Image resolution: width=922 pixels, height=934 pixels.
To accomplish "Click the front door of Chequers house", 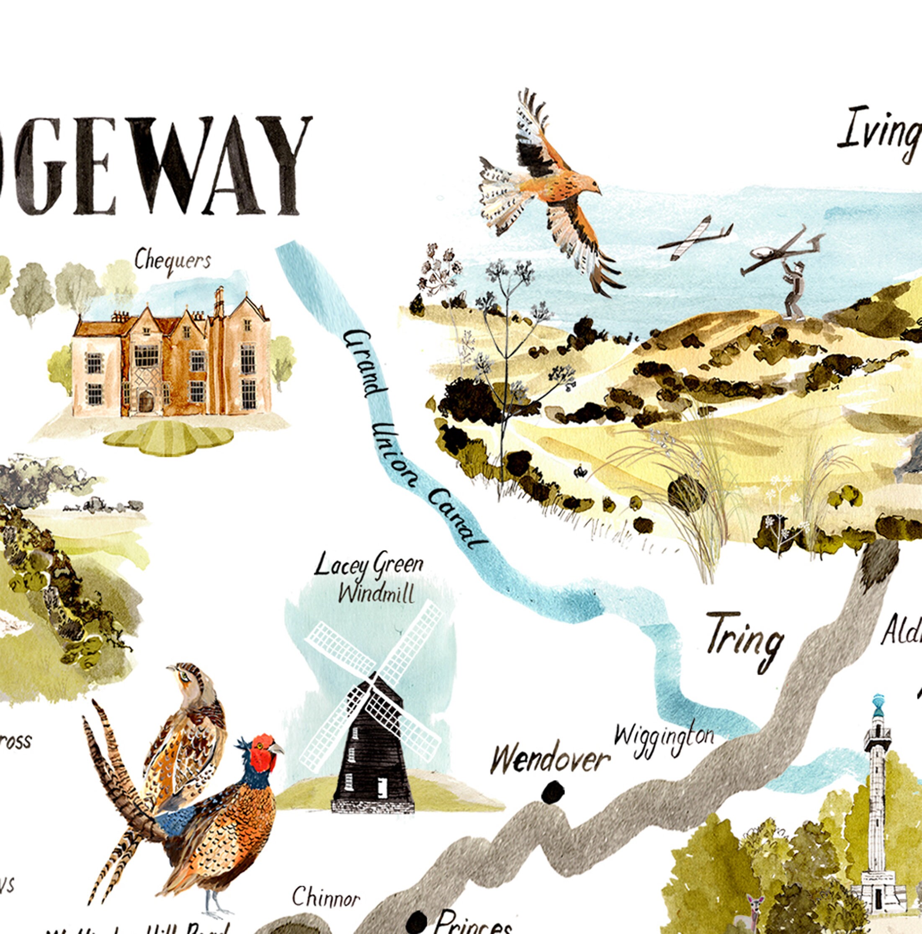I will (144, 402).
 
